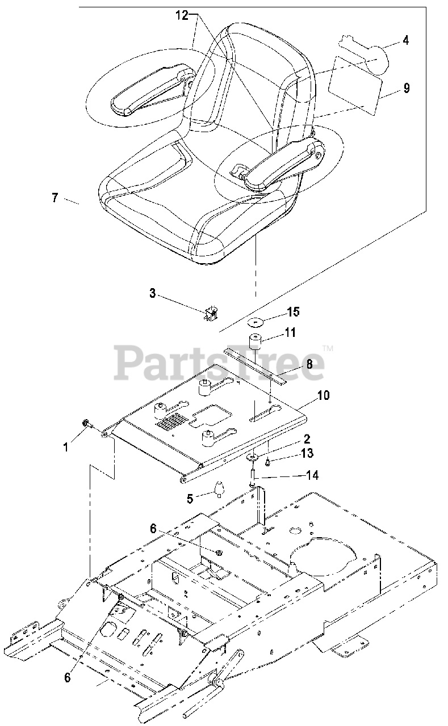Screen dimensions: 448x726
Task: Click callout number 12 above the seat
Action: coord(181,16)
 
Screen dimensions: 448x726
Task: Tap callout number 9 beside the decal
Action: coord(406,88)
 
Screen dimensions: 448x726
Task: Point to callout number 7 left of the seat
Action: coord(55,198)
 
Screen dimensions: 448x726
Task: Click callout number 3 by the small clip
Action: coord(152,293)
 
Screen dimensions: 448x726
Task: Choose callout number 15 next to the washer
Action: coord(293,311)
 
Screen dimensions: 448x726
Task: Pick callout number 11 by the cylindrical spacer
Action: coord(290,332)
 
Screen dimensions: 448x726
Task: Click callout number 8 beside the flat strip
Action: coord(309,365)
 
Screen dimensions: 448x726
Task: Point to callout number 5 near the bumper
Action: coord(190,498)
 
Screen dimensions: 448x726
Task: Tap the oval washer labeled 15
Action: coord(257,323)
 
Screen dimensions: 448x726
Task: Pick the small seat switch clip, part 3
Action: coord(212,313)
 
